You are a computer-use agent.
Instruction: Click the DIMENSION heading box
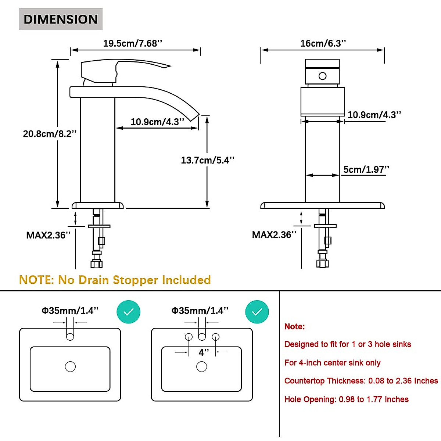click(60, 19)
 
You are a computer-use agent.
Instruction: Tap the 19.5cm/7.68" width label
click(133, 43)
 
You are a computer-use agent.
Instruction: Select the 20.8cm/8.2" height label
click(50, 134)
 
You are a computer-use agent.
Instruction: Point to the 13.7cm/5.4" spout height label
click(208, 160)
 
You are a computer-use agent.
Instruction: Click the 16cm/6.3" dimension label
click(323, 43)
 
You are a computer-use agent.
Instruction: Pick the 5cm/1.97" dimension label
click(366, 169)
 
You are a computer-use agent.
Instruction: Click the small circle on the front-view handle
click(322, 76)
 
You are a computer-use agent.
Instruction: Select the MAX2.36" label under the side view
click(49, 235)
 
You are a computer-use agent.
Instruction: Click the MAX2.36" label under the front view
click(274, 234)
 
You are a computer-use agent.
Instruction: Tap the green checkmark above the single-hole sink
click(128, 312)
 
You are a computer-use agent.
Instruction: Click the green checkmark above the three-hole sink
click(257, 312)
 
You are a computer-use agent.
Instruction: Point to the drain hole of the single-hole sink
click(70, 366)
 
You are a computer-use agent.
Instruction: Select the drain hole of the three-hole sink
click(202, 366)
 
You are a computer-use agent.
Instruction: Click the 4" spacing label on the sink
click(204, 352)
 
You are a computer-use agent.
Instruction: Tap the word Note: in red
click(294, 327)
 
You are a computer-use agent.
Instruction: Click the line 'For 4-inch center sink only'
click(332, 363)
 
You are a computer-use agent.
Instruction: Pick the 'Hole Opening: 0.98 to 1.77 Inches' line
click(347, 399)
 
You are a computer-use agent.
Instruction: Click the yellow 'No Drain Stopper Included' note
click(135, 280)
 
